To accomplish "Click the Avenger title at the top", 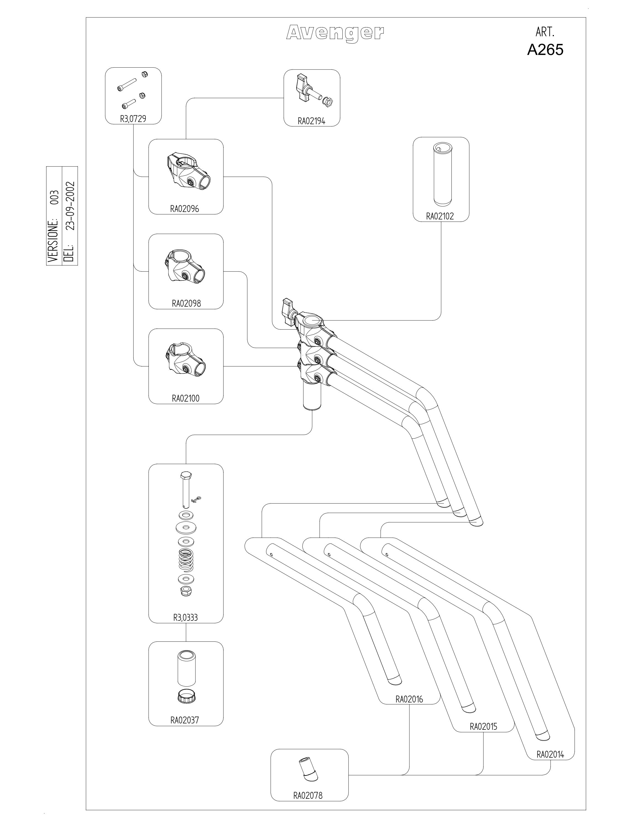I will [x=335, y=33].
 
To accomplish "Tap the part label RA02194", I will [x=311, y=121].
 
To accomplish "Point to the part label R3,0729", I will [x=133, y=119].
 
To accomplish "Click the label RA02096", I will [x=185, y=209].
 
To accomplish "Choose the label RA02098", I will [x=186, y=303].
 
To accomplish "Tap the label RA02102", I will [x=440, y=216].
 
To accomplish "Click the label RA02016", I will [x=409, y=699].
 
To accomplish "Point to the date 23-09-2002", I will [x=70, y=206].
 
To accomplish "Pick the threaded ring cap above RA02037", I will [x=186, y=696].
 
